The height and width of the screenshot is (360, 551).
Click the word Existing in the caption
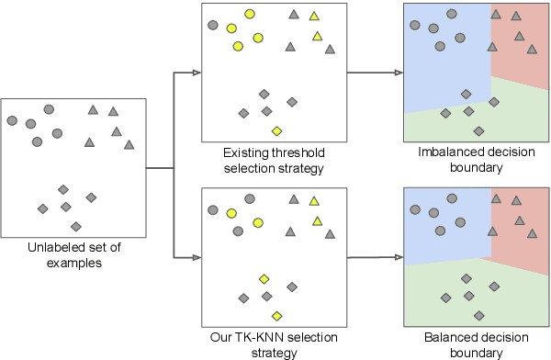[245, 151]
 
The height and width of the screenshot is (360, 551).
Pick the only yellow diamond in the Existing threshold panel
[276, 130]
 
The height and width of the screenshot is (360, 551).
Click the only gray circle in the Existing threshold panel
[213, 26]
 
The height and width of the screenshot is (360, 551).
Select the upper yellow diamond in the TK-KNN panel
[264, 278]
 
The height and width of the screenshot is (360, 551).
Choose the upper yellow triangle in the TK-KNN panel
[314, 200]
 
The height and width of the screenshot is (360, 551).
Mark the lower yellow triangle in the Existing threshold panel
[317, 36]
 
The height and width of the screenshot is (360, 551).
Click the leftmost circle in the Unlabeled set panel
[12, 120]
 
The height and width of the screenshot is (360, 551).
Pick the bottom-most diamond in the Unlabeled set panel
[76, 226]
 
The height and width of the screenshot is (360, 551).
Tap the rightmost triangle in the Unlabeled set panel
[129, 143]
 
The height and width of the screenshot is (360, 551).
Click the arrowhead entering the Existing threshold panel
[196, 72]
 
